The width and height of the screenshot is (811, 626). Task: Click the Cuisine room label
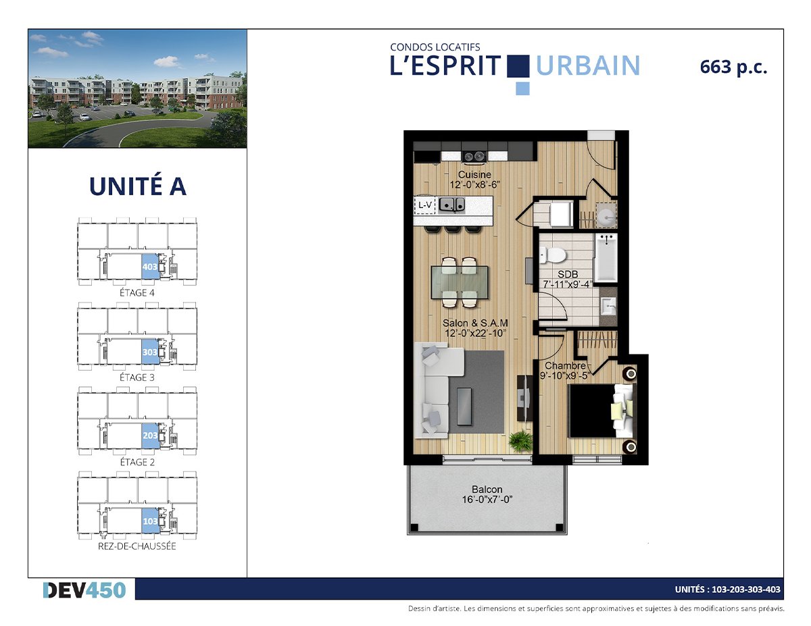point(474,174)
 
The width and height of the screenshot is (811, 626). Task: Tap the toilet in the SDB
point(552,255)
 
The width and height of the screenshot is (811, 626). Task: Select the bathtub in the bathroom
point(606,257)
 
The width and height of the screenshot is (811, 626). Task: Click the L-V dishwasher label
point(425,205)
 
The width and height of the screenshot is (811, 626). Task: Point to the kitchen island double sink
point(451,205)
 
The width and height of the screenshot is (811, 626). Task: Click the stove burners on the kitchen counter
point(474,157)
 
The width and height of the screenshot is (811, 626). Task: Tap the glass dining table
point(460,282)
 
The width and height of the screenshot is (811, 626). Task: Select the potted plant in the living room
point(520,441)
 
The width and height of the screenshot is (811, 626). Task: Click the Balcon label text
point(487,489)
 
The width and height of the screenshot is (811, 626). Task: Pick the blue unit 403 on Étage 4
point(150,266)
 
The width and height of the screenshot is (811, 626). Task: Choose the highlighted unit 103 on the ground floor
point(150,521)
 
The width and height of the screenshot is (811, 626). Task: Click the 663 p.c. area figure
point(733,68)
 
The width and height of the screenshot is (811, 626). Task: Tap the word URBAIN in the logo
point(588,66)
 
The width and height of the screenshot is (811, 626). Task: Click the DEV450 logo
point(84,590)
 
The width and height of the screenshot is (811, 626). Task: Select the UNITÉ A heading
point(138,186)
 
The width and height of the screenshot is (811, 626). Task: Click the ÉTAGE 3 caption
point(137,377)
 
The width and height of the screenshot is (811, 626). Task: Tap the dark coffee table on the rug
point(464,407)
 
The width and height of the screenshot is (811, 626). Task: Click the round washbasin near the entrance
point(606,215)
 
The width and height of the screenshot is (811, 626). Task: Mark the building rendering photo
point(137,88)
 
